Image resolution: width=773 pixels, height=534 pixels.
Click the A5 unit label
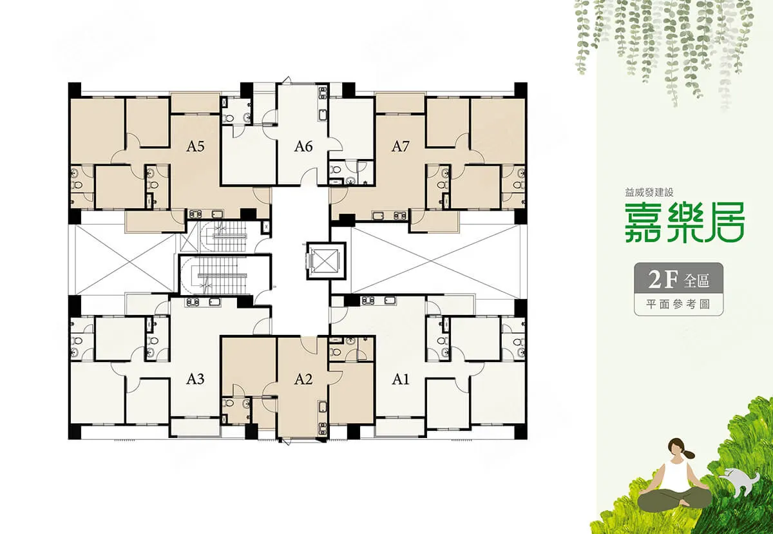[x=195, y=147]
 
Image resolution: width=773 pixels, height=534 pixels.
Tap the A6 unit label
[x=303, y=147]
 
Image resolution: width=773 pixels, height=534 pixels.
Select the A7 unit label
[x=400, y=147]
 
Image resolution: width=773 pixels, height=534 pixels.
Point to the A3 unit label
[x=195, y=379]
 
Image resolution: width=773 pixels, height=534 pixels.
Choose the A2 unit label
[x=303, y=379]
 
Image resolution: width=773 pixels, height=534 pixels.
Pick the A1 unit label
[x=400, y=379]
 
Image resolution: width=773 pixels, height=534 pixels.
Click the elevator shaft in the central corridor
[x=326, y=261]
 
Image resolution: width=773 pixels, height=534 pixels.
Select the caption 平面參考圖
[x=678, y=304]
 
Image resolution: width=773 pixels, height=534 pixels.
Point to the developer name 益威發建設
[x=649, y=192]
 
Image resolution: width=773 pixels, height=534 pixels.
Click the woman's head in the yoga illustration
[x=676, y=450]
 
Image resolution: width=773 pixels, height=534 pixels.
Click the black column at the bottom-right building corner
[x=520, y=432]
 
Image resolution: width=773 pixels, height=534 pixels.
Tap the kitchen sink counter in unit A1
[x=379, y=301]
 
